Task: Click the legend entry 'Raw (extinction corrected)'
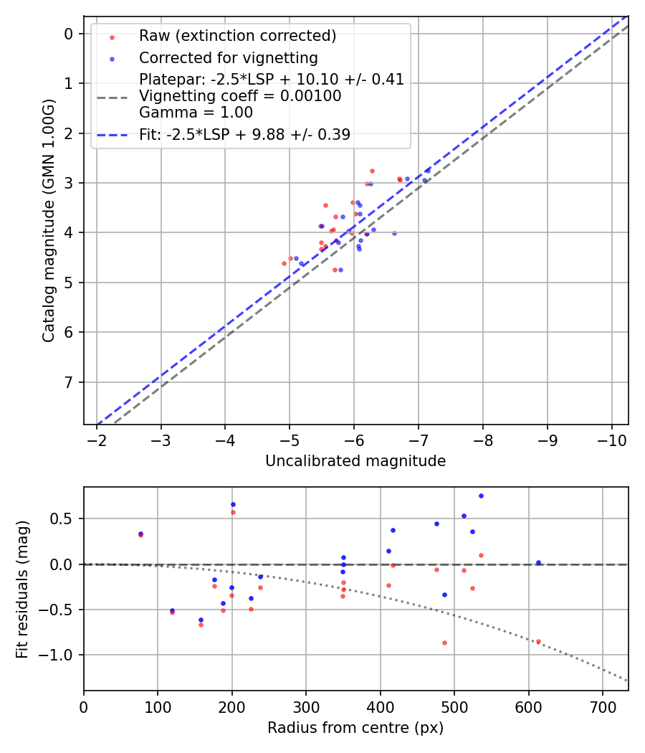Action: (237, 36)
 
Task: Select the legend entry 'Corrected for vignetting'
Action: (228, 57)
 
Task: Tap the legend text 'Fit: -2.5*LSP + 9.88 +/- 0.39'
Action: (244, 135)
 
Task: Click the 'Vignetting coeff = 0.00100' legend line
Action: (240, 95)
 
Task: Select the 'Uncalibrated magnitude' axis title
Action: (355, 461)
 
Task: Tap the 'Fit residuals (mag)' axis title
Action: (22, 588)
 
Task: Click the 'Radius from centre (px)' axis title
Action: (355, 728)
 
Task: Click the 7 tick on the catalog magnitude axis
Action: (69, 382)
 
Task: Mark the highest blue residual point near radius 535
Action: (481, 496)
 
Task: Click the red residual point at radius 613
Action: (538, 641)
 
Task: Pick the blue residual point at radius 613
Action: (538, 563)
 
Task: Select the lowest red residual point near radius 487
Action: (444, 643)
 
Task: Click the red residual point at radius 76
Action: (140, 535)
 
